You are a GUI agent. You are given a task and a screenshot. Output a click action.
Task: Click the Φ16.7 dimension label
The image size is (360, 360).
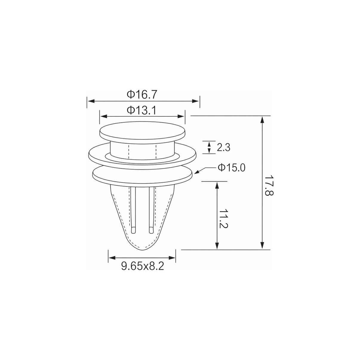(141, 95)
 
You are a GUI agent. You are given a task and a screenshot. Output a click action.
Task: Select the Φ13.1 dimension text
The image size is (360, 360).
(141, 110)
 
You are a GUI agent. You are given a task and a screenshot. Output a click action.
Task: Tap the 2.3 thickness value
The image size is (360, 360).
(224, 147)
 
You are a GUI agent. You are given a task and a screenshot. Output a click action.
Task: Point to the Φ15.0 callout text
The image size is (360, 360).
(231, 168)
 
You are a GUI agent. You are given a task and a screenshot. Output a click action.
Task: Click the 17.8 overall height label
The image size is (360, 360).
(269, 185)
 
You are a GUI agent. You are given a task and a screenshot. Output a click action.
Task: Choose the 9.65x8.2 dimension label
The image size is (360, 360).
(143, 266)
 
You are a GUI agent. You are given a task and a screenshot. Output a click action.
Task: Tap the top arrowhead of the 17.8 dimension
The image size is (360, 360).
(262, 120)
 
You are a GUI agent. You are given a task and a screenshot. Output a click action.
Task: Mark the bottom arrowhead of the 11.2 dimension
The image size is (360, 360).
(217, 246)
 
